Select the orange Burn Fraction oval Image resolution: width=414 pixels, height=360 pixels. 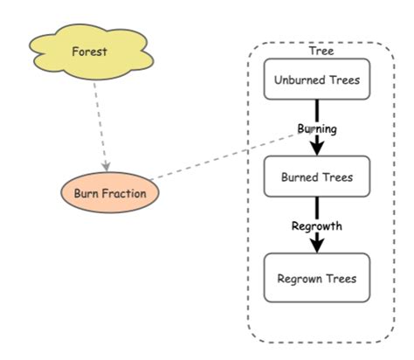point(109,192)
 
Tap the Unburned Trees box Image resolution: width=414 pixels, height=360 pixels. point(316,80)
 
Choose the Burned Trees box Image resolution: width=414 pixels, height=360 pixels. point(316,177)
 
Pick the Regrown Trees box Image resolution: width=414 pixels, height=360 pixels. point(316,279)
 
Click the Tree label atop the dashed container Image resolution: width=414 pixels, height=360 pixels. point(321,52)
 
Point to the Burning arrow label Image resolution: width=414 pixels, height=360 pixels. point(316,128)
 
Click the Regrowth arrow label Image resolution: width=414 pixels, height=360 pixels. point(316,226)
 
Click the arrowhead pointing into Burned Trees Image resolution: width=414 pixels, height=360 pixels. point(316,149)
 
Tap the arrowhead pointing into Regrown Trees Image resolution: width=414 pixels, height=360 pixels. point(316,246)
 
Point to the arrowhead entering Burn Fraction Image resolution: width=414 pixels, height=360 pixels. point(106,166)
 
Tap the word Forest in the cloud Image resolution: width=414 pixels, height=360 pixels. point(90,52)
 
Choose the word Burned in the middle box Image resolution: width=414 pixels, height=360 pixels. point(300,177)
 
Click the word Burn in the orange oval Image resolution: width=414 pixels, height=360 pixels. point(87,192)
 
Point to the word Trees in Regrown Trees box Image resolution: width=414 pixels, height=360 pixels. point(341,279)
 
